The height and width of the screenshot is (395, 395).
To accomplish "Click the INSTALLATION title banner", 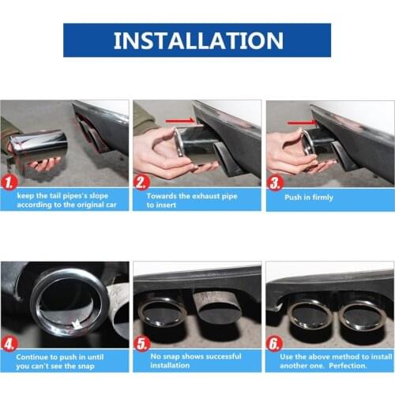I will (x=197, y=40).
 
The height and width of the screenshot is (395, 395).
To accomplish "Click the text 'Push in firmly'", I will (x=309, y=197).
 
